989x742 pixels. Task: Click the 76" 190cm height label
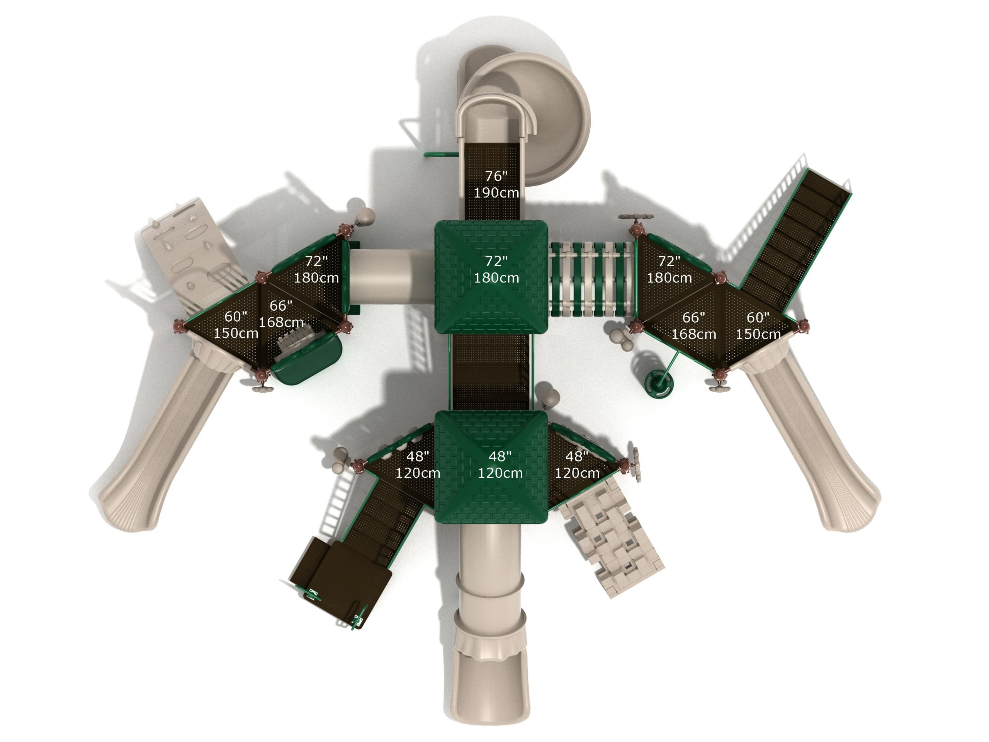click(x=496, y=184)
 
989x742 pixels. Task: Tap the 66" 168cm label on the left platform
click(x=281, y=314)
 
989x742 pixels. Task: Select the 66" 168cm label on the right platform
click(x=693, y=326)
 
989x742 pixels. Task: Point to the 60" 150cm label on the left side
click(x=236, y=325)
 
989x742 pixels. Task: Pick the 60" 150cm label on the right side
click(x=758, y=326)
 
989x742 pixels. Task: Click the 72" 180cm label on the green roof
click(x=496, y=269)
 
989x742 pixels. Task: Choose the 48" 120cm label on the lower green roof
click(x=500, y=465)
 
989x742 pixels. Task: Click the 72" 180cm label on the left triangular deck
click(x=316, y=269)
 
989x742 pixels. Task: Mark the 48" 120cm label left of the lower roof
click(x=418, y=465)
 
